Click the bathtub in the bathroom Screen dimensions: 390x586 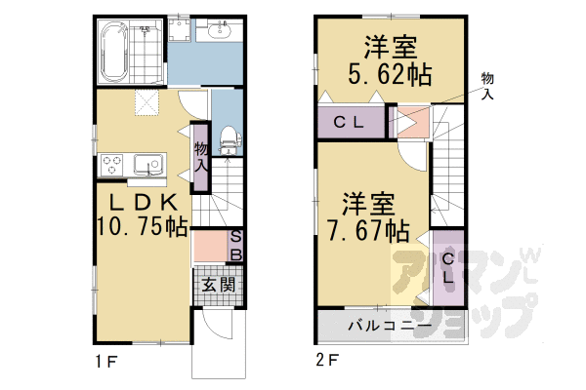coord(116,51)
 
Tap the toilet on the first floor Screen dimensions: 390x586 coord(228,141)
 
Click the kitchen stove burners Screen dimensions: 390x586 coord(111,165)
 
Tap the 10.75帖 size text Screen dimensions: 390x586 coord(142,228)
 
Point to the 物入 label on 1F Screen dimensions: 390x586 coord(201,157)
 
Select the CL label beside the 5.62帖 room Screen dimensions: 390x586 coord(349,122)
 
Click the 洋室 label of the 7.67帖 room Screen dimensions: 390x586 coord(367,205)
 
